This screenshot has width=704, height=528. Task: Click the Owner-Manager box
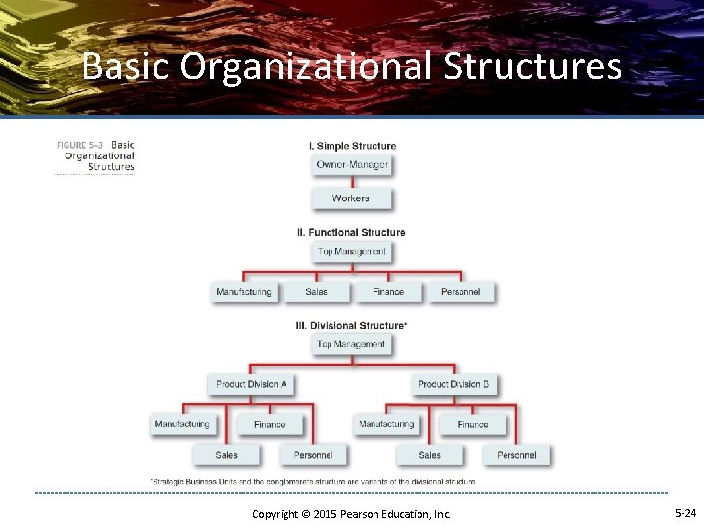click(352, 164)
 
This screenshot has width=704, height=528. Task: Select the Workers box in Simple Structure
click(351, 198)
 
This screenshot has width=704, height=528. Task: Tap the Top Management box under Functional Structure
click(352, 252)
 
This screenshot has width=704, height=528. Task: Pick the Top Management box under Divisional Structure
click(351, 344)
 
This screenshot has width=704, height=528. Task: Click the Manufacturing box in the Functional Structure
click(243, 292)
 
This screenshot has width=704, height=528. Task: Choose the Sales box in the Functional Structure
click(316, 292)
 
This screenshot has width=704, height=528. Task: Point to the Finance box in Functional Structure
click(388, 292)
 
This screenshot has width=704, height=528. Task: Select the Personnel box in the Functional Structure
click(461, 292)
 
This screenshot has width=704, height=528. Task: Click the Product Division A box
click(251, 384)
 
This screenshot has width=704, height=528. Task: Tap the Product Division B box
click(454, 384)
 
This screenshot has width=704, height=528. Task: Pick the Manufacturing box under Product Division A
click(182, 424)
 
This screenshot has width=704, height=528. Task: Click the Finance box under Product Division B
click(473, 424)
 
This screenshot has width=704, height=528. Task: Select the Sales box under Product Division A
click(227, 455)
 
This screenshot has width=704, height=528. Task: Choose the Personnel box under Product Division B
click(516, 455)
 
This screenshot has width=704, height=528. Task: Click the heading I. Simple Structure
click(352, 146)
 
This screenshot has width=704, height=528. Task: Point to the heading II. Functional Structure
click(351, 232)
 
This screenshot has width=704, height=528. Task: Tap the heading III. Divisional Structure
click(351, 325)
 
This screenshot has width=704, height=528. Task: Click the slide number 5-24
click(684, 512)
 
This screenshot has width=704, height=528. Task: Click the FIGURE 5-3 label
click(82, 145)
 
